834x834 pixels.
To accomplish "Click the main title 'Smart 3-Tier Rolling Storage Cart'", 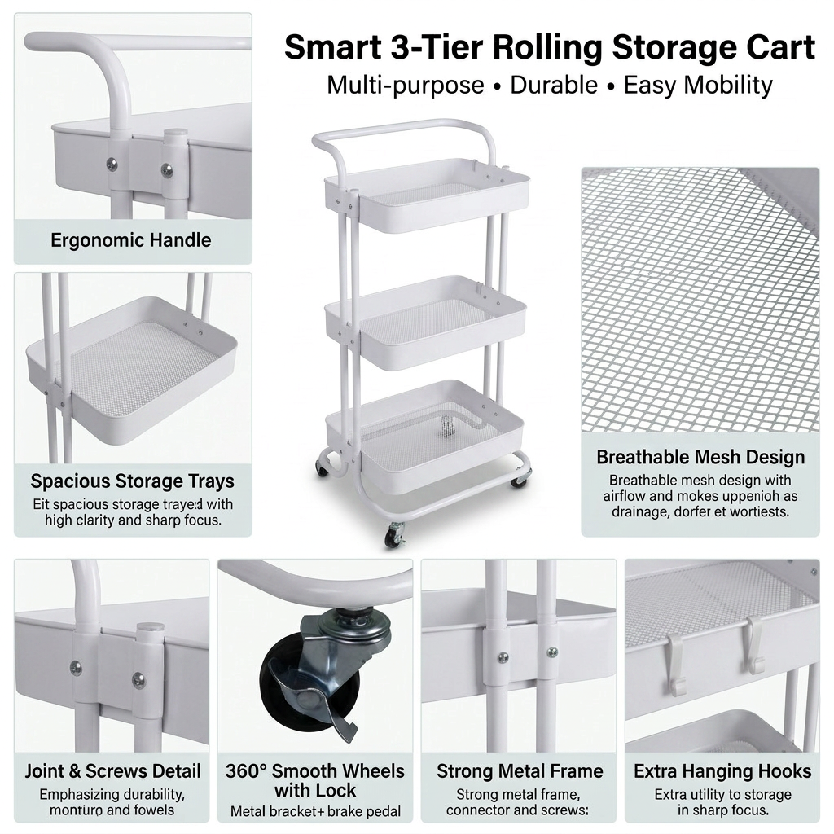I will click(549, 48).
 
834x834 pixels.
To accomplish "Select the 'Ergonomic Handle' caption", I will click(131, 240).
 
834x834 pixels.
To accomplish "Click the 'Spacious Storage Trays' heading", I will click(133, 481).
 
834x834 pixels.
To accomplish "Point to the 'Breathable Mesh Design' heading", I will click(700, 457).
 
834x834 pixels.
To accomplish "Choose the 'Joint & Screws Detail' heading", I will click(112, 770).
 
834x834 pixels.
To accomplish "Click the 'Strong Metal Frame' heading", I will click(520, 770).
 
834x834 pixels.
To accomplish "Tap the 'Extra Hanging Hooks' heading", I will click(722, 770).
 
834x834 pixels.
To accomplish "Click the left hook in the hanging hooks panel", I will click(675, 664).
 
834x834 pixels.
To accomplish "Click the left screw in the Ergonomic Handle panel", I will click(112, 164).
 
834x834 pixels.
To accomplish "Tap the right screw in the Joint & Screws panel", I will click(138, 678).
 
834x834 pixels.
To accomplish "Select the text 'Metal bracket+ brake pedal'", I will click(315, 811).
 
